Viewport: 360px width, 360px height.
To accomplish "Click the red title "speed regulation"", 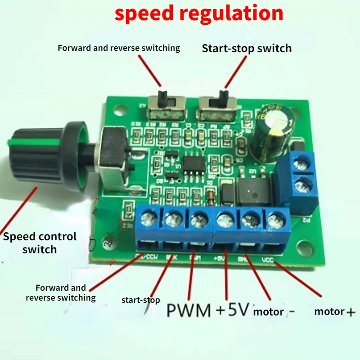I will tap(199, 13).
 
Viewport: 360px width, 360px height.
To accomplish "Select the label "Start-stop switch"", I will tap(247, 49).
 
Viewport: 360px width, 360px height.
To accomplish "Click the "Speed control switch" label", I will tap(40, 243).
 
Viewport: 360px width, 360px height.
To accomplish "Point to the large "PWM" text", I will tap(189, 310).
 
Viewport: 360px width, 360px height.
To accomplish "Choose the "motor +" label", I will tap(334, 311).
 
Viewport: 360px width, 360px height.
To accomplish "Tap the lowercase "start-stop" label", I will tap(140, 300).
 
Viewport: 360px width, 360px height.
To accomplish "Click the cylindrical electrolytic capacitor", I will tap(273, 130).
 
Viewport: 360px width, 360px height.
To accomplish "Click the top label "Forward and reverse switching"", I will tap(119, 48).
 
